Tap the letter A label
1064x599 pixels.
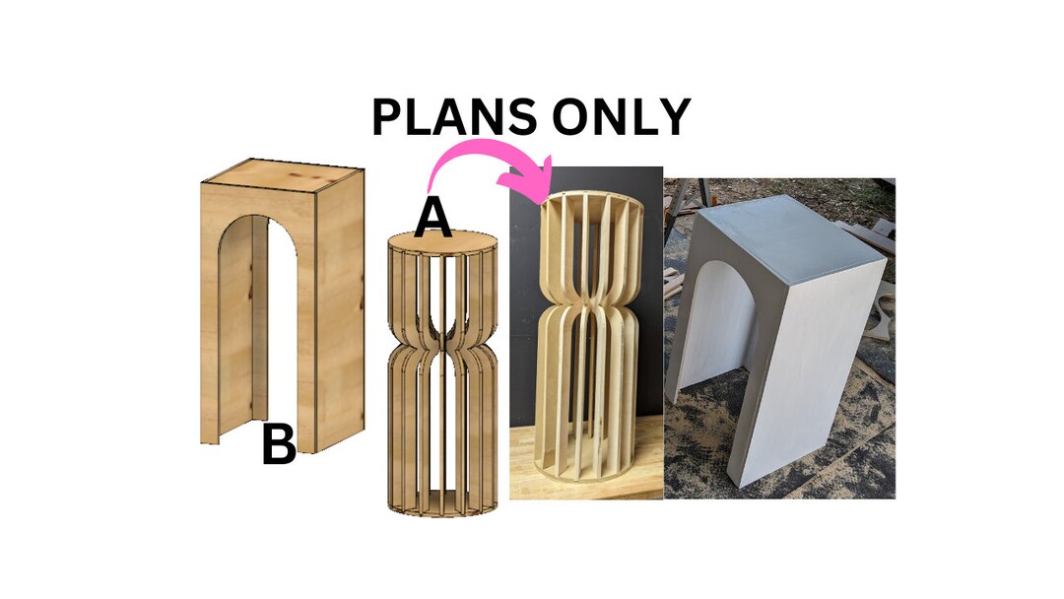(x=432, y=219)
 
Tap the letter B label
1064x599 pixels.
(x=279, y=445)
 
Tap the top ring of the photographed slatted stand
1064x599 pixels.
(x=591, y=201)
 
